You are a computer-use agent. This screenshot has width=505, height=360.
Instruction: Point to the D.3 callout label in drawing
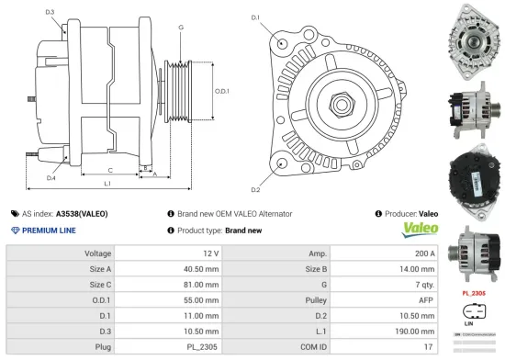point(49,13)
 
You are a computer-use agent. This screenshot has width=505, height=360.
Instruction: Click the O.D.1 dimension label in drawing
point(222,92)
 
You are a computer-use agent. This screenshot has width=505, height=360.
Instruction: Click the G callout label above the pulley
point(181,28)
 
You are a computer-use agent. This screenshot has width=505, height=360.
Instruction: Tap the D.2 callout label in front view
point(255,189)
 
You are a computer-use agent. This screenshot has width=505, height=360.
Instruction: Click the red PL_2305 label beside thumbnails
point(476,292)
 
